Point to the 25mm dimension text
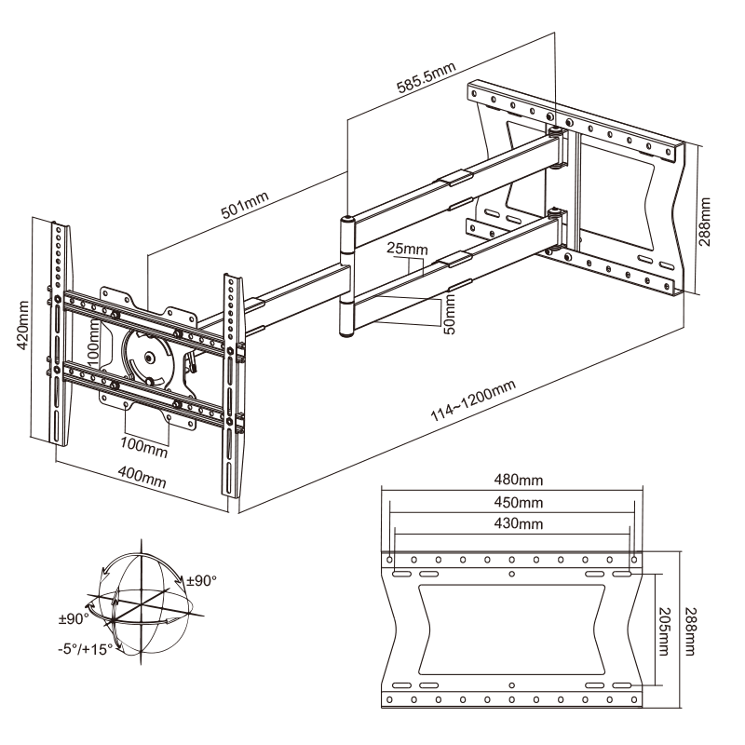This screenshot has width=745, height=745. coord(408,251)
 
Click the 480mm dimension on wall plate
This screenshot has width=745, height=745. coord(517,481)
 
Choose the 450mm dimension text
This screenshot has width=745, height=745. coord(517,502)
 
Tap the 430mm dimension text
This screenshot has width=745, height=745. coord(517,523)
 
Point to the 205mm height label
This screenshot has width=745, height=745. coord(663,629)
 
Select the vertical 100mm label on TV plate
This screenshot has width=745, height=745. coord(93,342)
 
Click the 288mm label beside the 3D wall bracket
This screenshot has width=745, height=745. coord(707,220)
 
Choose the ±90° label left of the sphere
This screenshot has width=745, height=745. coord(72,617)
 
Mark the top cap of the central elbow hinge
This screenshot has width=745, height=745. coord(346,220)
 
